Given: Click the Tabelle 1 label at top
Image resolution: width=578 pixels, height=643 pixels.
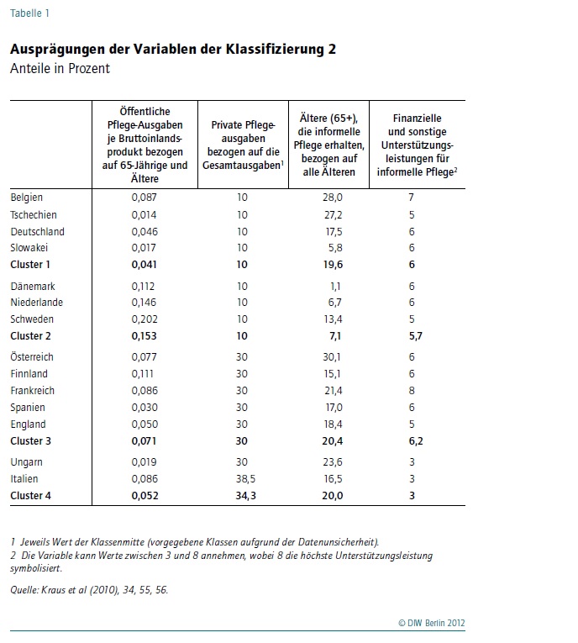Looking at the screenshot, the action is click(x=29, y=13).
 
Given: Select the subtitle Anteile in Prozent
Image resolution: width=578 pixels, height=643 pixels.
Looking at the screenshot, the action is click(x=60, y=68).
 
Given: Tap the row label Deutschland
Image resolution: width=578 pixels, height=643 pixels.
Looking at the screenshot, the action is click(x=37, y=232).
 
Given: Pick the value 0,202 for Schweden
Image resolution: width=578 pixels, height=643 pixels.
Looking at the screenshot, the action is click(x=144, y=319).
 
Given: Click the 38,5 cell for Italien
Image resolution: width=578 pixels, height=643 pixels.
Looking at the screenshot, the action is click(x=245, y=478).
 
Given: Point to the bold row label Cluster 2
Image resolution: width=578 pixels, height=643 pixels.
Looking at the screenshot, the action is click(x=31, y=336).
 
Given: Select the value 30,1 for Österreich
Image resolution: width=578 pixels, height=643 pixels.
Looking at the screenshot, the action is click(x=332, y=356).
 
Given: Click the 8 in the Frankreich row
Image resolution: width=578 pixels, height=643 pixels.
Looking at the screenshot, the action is click(x=412, y=390).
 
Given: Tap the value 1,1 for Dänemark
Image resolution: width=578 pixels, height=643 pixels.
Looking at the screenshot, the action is click(x=335, y=287).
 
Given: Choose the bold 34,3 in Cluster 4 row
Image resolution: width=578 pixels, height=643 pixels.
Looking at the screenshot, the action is click(x=245, y=495).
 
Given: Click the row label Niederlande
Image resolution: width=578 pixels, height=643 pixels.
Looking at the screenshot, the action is click(x=36, y=303).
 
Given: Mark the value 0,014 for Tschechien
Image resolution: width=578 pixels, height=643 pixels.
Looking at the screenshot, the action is click(x=144, y=215).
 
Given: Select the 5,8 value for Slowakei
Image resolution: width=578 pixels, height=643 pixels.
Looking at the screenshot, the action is click(x=335, y=248).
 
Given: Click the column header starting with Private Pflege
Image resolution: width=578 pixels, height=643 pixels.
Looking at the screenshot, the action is click(x=243, y=145).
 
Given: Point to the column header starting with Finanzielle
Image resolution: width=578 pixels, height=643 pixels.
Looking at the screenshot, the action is click(x=418, y=145).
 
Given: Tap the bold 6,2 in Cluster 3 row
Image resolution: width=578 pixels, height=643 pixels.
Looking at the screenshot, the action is click(x=416, y=440).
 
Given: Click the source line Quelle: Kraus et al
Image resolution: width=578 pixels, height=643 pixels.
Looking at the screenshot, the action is click(x=89, y=590).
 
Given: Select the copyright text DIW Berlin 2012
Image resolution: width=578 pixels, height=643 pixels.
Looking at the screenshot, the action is click(x=432, y=623).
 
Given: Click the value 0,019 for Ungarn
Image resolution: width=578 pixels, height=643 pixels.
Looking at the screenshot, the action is click(x=144, y=461).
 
